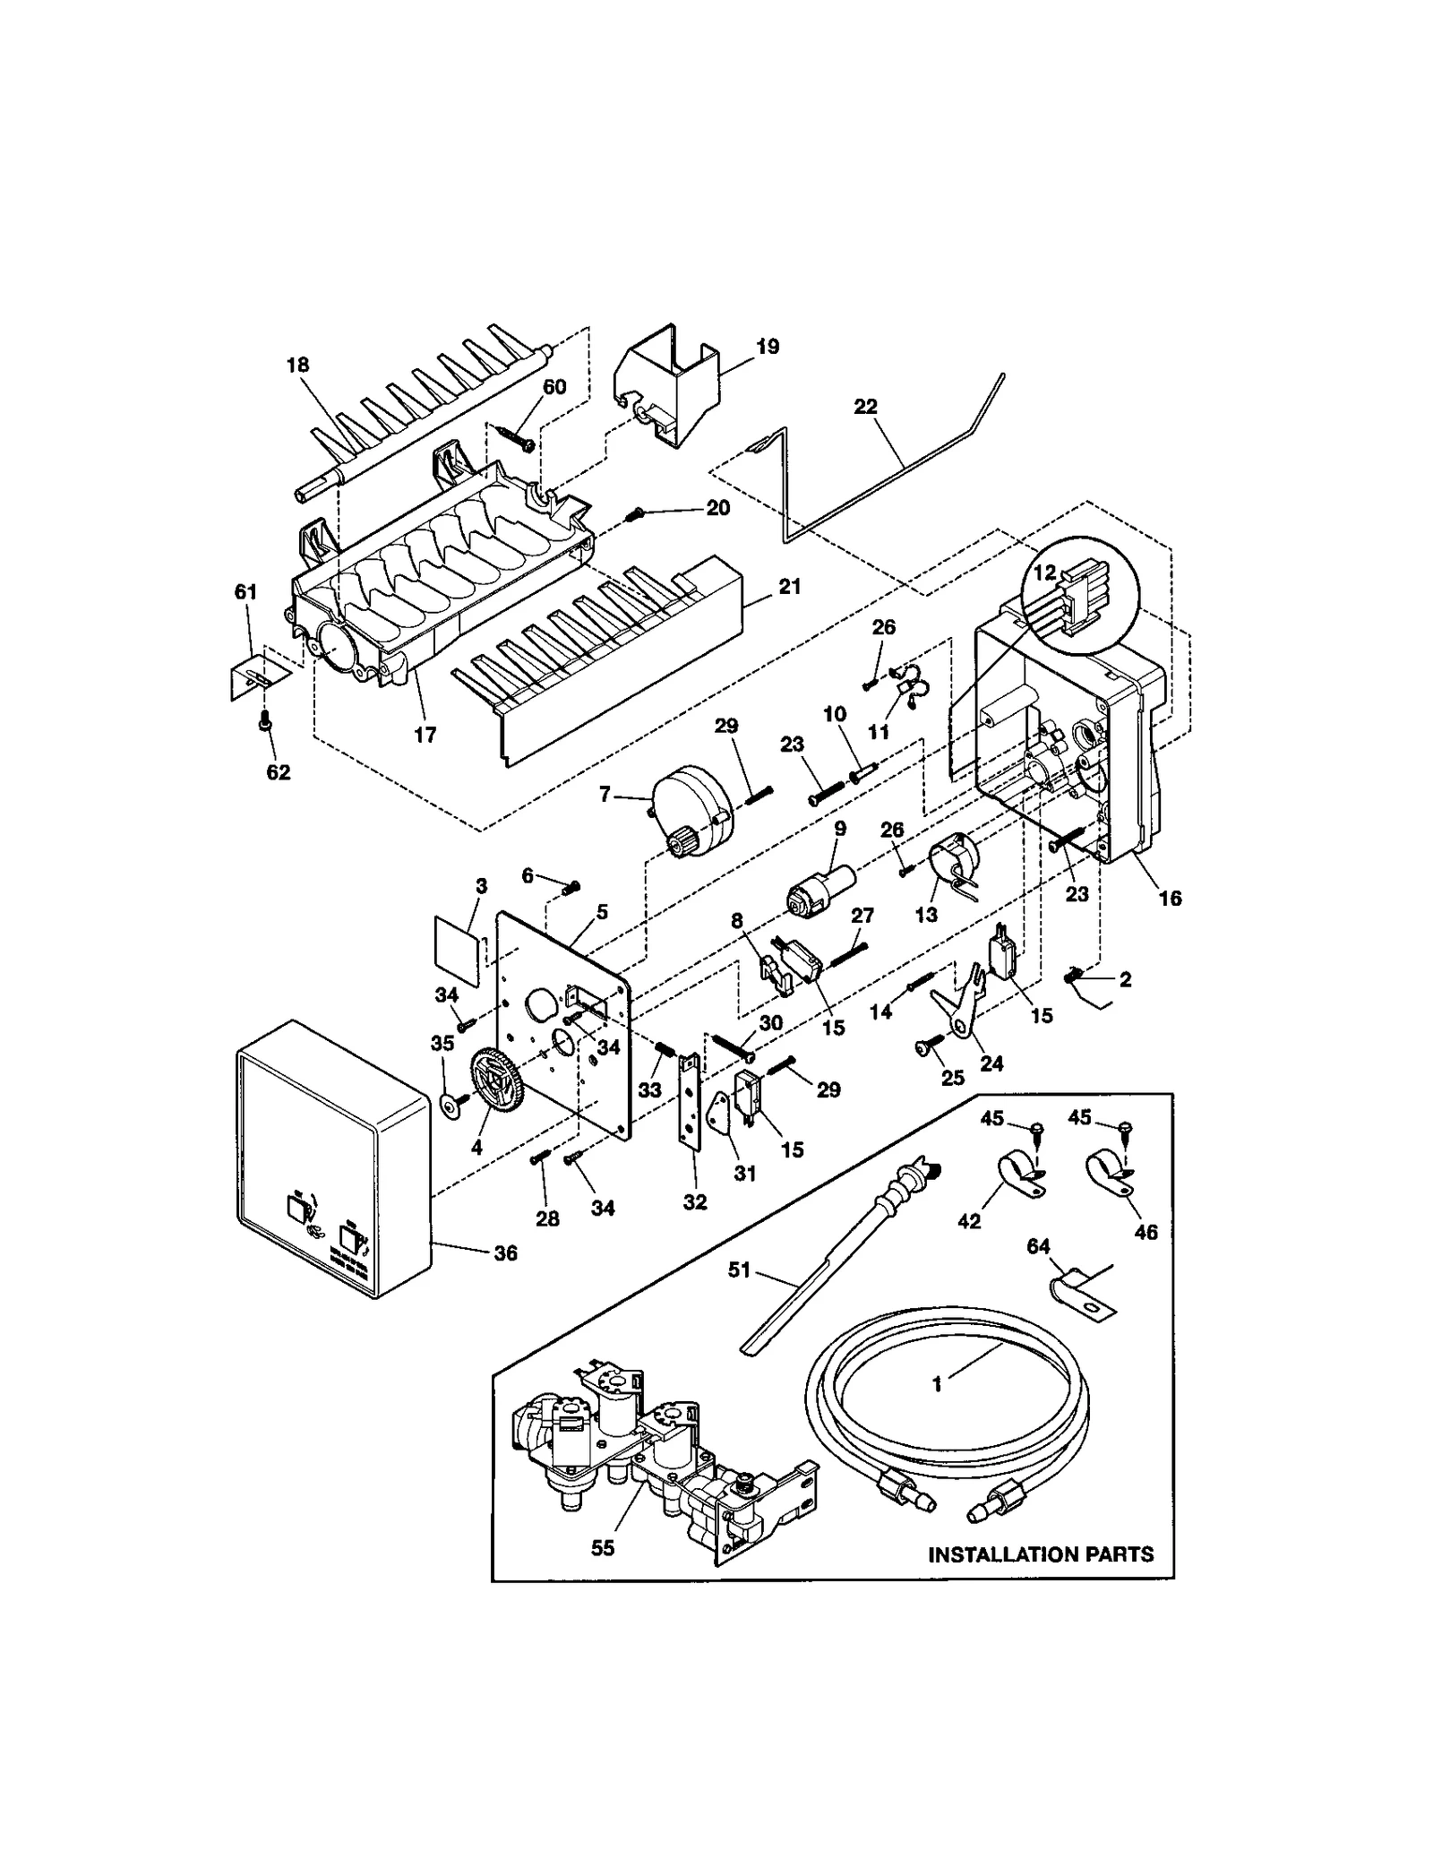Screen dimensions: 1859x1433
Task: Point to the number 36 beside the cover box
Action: (x=506, y=1253)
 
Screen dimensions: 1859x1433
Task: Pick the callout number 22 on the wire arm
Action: (x=865, y=407)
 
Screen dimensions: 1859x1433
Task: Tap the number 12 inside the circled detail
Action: (x=1045, y=572)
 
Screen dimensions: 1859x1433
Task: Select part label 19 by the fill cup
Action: (x=768, y=347)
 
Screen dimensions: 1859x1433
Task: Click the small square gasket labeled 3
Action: (x=456, y=940)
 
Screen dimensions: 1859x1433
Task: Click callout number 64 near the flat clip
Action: (x=1038, y=1246)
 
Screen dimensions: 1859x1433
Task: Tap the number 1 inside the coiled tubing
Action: (x=937, y=1384)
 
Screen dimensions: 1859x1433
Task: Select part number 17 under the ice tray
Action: (x=425, y=735)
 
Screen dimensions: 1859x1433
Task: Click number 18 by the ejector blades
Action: (x=297, y=365)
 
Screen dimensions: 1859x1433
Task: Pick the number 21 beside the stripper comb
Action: (x=789, y=587)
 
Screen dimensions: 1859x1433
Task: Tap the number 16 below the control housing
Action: (x=1170, y=898)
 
